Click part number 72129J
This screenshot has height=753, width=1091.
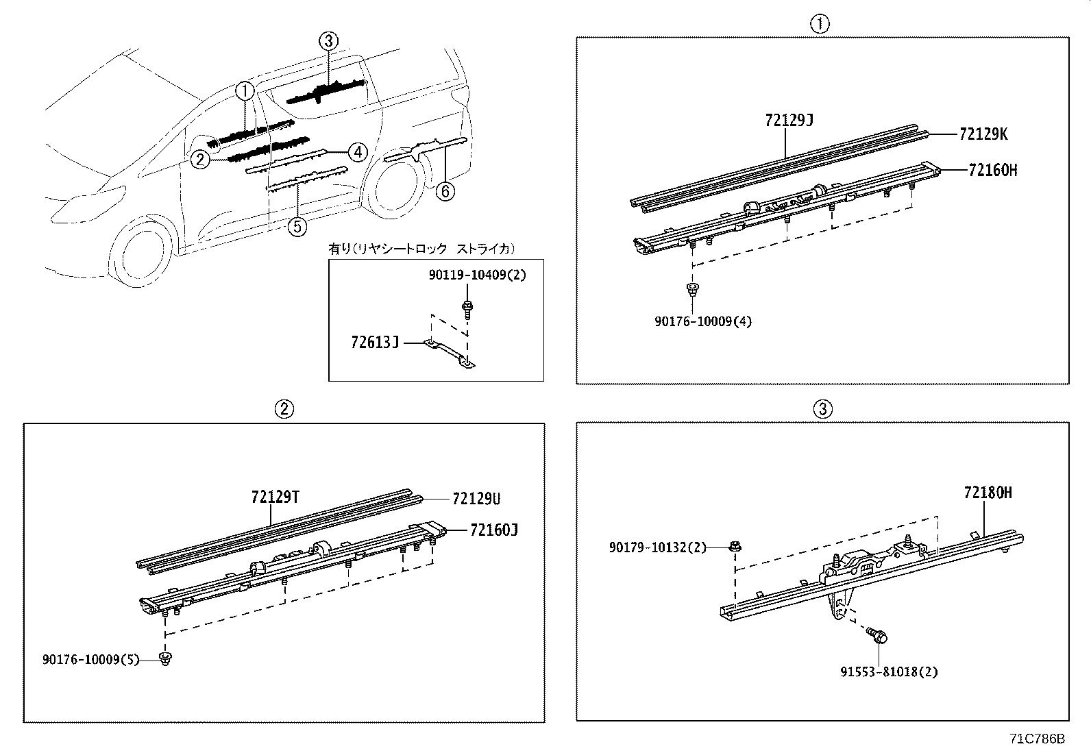[x=789, y=121]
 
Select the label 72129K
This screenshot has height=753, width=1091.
[x=983, y=134]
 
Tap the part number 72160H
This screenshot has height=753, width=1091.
[x=992, y=171]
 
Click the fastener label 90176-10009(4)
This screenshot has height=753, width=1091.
[x=702, y=321]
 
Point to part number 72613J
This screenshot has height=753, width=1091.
[x=374, y=341]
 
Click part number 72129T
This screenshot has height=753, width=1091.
[x=275, y=497]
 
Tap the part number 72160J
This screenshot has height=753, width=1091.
[x=493, y=530]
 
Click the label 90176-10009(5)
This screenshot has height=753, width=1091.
[x=90, y=660]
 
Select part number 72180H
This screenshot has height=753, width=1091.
[x=988, y=493]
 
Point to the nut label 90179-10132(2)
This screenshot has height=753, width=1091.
[x=657, y=547]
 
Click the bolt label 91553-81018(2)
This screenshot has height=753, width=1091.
[x=889, y=671]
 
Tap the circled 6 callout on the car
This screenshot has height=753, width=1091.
[x=445, y=191]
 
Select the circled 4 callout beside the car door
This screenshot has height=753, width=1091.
[x=357, y=152]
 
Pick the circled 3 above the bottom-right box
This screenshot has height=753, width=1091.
[x=822, y=409]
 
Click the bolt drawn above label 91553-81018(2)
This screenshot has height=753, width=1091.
[x=876, y=636]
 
